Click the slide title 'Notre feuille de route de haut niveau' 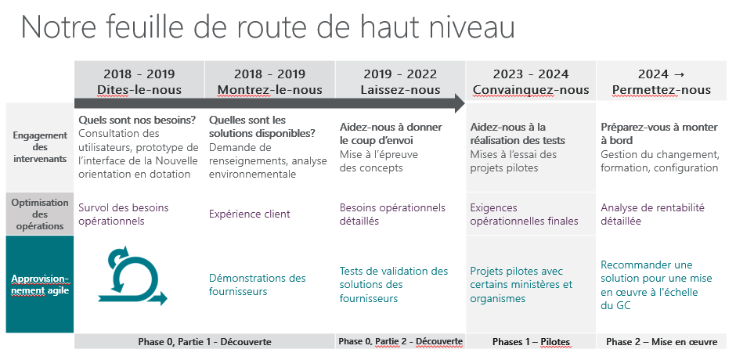point(267,27)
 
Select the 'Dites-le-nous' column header point(139,90)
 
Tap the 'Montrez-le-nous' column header point(269,90)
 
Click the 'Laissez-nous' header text point(400,90)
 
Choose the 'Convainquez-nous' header point(531,90)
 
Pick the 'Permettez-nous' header point(662,90)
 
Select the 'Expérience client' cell point(250,214)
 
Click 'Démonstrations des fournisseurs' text point(257,285)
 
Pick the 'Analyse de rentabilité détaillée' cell point(653,214)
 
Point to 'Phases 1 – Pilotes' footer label point(531,342)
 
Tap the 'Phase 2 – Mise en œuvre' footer point(662,342)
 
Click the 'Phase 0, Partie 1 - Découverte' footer point(204,342)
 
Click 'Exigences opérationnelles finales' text point(524,214)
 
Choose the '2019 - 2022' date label point(400,74)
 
